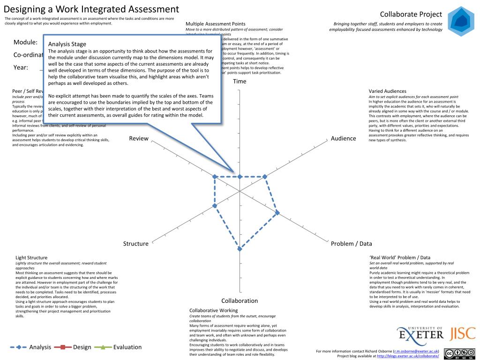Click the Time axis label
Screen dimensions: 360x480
point(240,82)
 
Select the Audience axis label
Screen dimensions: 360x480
point(344,138)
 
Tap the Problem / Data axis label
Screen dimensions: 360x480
point(351,244)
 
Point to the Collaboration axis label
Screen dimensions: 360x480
point(240,301)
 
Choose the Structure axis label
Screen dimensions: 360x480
point(135,244)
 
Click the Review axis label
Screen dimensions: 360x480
point(139,138)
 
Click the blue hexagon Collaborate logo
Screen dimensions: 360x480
point(461,22)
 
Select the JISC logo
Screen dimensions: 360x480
point(463,333)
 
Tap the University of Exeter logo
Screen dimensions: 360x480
point(420,333)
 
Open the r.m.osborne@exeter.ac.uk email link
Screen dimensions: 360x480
point(416,351)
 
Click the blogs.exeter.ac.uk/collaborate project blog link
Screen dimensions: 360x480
point(408,356)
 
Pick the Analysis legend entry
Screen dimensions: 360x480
point(31,347)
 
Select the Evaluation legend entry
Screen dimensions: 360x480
point(118,347)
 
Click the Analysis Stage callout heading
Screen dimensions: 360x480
point(67,44)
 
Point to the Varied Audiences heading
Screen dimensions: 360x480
point(387,91)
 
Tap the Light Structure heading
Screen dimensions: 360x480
point(31,257)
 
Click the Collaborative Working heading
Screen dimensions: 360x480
point(213,310)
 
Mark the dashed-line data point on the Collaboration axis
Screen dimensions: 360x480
point(240,248)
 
